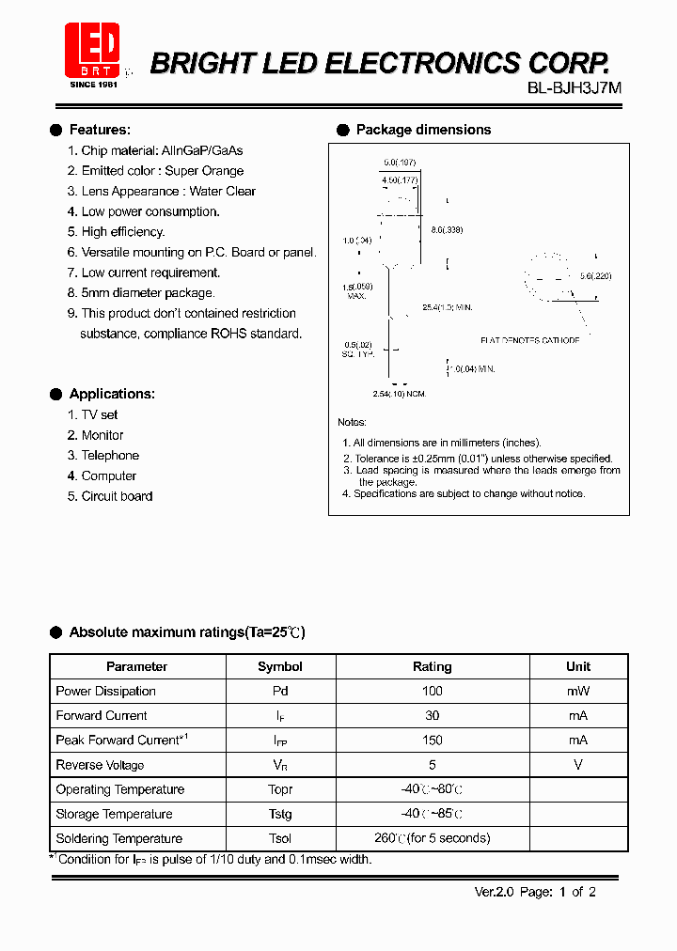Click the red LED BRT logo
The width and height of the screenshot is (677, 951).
pyautogui.click(x=91, y=51)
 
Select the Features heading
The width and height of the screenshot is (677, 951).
pyautogui.click(x=100, y=130)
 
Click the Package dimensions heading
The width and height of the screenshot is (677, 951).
pyautogui.click(x=423, y=130)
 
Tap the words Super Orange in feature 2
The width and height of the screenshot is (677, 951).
pyautogui.click(x=204, y=171)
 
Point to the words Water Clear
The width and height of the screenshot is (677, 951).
pyautogui.click(x=223, y=191)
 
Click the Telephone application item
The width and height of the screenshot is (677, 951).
pyautogui.click(x=110, y=456)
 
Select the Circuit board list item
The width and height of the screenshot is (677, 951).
pyautogui.click(x=117, y=496)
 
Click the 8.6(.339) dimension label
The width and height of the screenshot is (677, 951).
pyautogui.click(x=447, y=230)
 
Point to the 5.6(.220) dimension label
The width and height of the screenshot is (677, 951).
pyautogui.click(x=596, y=276)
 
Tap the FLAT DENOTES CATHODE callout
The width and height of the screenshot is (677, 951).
pyautogui.click(x=529, y=340)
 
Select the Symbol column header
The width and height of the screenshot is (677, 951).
pyautogui.click(x=280, y=666)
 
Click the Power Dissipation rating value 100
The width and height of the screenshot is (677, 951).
pyautogui.click(x=432, y=691)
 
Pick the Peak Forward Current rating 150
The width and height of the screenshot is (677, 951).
pyautogui.click(x=432, y=741)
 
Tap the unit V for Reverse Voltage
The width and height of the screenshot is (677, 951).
pyautogui.click(x=578, y=765)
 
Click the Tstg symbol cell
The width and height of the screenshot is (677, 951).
pyautogui.click(x=280, y=814)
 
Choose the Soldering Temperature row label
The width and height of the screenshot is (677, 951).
pyautogui.click(x=119, y=838)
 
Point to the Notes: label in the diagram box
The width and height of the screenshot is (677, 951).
pyautogui.click(x=352, y=423)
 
